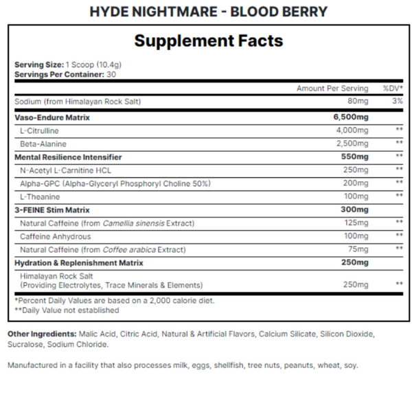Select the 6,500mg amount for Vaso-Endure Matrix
350,117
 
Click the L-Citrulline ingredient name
39,130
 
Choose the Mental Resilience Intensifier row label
67,157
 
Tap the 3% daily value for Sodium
397,102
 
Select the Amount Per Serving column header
332,89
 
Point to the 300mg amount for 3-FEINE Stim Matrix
354,209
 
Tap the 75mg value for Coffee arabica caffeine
358,249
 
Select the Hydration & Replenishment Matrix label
79,262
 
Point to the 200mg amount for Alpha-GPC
356,183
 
